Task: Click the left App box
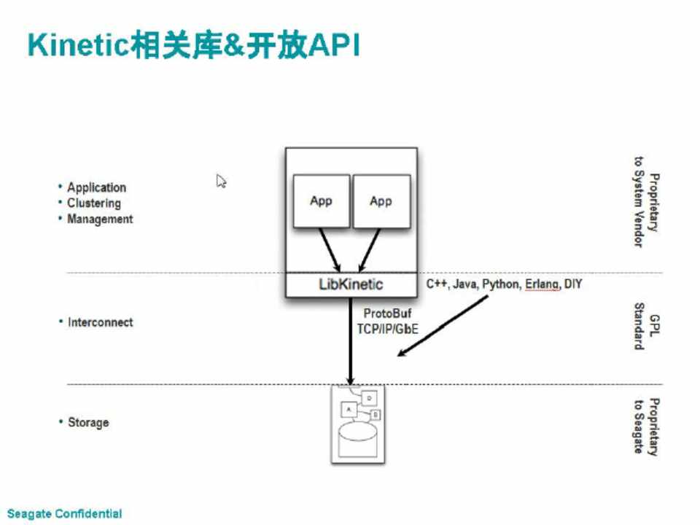click(x=321, y=201)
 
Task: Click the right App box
click(x=381, y=201)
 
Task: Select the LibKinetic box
click(x=351, y=284)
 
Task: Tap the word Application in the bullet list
click(x=96, y=187)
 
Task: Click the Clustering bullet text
click(x=93, y=203)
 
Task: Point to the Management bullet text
click(x=100, y=219)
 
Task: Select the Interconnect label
click(x=100, y=322)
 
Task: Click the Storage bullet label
click(x=87, y=422)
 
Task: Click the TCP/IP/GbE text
click(x=387, y=329)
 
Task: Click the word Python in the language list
click(x=499, y=284)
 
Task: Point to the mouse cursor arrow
click(x=221, y=181)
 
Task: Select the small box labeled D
click(x=369, y=398)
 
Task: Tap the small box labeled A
click(x=349, y=410)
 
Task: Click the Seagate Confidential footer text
click(x=64, y=514)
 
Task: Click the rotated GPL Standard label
click(x=645, y=327)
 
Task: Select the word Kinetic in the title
click(x=78, y=45)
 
